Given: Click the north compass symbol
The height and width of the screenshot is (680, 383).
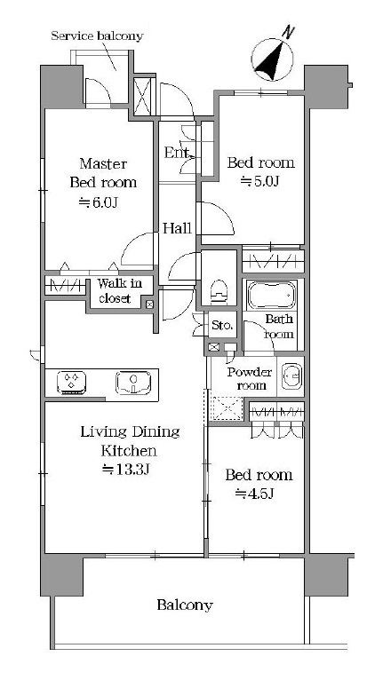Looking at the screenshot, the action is coord(273,57).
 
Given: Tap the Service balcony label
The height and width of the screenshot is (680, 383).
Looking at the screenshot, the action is coord(97,36).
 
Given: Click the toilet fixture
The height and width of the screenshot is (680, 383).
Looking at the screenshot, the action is coord(219,290).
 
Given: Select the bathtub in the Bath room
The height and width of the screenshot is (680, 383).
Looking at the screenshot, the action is coord(272,295).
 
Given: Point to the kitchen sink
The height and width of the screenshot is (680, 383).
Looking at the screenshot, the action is coord(133,382).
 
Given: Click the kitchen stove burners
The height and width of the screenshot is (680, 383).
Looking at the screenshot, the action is coord(71,382).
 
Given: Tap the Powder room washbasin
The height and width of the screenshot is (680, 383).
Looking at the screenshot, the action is coord(292,375).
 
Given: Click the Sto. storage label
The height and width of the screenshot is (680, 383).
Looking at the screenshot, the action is coord(222,325).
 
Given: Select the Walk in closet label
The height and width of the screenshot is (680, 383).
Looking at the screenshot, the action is coord(119,291).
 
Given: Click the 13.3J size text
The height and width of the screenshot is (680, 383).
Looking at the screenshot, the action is coord(125,470).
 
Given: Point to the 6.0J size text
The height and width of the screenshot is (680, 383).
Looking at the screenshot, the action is coord(98,202).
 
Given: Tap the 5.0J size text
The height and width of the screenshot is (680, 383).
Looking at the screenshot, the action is coord(259,182).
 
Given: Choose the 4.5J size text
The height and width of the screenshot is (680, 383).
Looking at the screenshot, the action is coord(254,493).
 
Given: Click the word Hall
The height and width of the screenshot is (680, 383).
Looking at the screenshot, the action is coord(177,228).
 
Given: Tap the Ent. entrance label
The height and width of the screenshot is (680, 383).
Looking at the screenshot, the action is coord(177,153).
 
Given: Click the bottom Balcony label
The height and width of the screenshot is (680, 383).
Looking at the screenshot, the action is coord(185,605).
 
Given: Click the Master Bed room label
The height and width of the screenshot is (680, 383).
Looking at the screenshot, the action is coord(103,172).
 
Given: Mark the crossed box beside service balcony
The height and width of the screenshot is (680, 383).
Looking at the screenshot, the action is coord(143,96).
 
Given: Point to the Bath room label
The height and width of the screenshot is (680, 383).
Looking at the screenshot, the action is coord(279,327).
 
